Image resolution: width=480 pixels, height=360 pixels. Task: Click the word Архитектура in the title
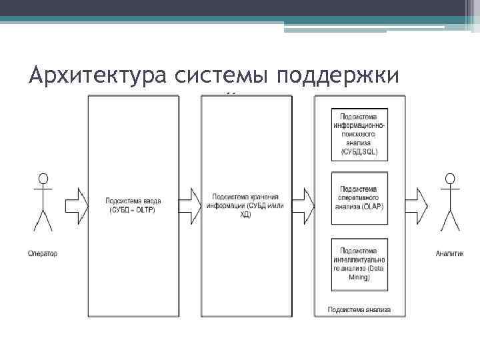[99, 76]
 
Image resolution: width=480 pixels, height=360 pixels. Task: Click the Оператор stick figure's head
[43, 179]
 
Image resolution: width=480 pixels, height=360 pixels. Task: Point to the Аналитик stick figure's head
[450, 179]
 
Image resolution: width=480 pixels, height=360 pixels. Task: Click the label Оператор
[43, 253]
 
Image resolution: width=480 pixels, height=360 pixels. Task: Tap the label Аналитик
[449, 253]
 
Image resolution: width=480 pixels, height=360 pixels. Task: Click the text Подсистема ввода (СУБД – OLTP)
[133, 205]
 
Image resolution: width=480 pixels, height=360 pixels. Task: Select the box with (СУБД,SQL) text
[359, 133]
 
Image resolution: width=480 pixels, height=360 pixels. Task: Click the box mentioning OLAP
[359, 197]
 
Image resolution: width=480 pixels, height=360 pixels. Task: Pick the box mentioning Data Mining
[359, 263]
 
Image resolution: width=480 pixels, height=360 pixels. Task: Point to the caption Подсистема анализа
[359, 309]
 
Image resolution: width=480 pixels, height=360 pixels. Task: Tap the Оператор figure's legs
[43, 219]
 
